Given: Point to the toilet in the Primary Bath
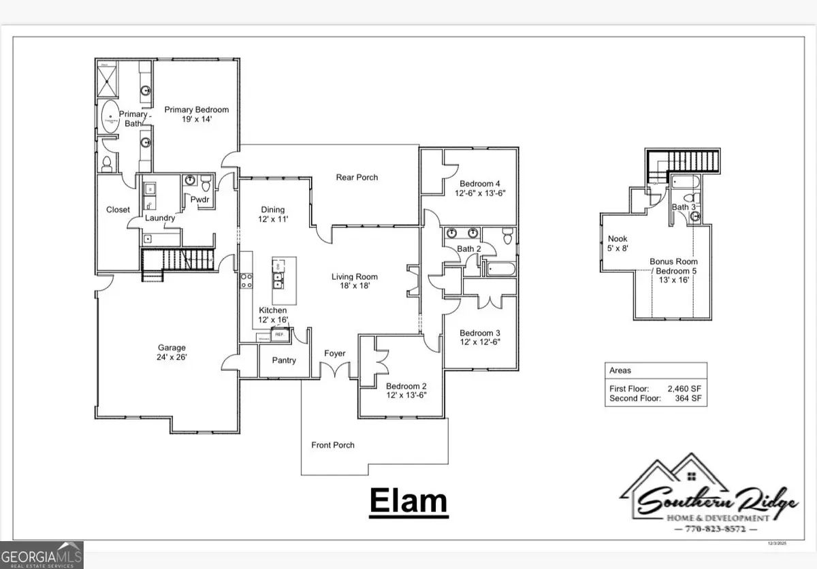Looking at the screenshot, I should click(106, 163).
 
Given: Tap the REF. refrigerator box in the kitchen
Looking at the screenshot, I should click(278, 335).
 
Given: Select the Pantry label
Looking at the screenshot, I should click(284, 360).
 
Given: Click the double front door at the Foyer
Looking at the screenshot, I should click(335, 371).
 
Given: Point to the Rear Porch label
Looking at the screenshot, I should click(357, 178).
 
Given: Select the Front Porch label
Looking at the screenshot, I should click(333, 445).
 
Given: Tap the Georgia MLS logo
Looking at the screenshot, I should click(42, 554).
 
